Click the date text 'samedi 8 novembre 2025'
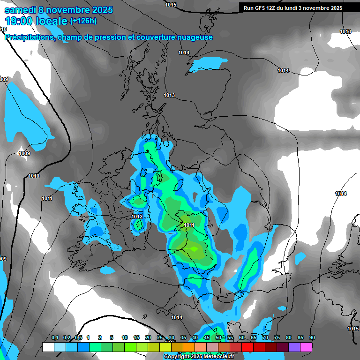click(59, 10)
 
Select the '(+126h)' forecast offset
click(83, 21)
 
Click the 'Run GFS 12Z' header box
click(292, 7)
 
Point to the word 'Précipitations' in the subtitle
click(30, 37)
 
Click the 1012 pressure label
click(137, 217)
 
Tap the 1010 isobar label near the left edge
click(34, 176)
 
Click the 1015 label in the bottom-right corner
click(353, 329)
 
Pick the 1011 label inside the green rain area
click(189, 225)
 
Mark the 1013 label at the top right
click(345, 31)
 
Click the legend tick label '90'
click(312, 337)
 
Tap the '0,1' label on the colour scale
click(54, 337)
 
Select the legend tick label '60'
click(242, 337)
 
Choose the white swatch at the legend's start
click(48, 347)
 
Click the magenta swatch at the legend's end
click(306, 347)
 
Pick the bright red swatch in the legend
click(247, 347)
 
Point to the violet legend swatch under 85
click(294, 347)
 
